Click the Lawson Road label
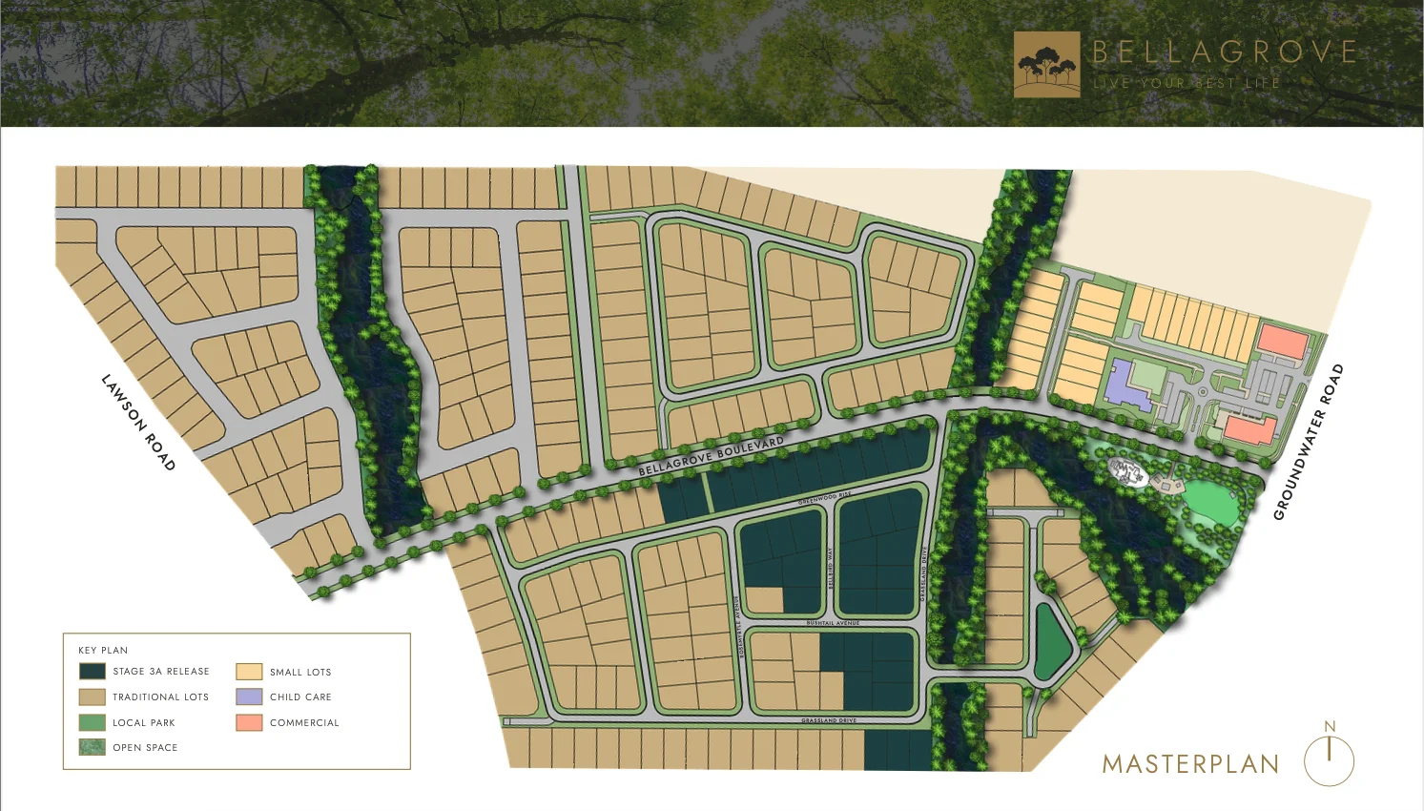point(139,423)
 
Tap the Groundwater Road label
point(1309,442)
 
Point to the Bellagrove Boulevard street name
point(711,456)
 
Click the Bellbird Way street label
point(831,567)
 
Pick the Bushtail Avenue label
point(833,623)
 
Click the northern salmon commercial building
point(1282,342)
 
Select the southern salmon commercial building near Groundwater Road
point(1249,429)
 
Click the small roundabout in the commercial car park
point(1204,391)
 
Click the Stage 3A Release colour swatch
point(93,671)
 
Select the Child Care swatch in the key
point(249,697)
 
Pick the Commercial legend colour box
point(249,722)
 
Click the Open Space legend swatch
point(93,747)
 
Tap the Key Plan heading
point(103,650)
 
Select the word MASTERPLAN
point(1190,764)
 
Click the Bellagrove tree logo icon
point(1046,65)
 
